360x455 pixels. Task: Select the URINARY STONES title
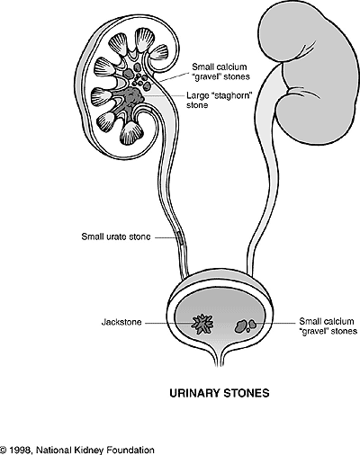point(219,392)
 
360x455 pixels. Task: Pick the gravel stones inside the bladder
point(244,323)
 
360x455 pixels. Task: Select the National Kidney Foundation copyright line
point(76,449)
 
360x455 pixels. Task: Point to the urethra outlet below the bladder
point(217,360)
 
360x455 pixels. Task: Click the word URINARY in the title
point(194,392)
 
